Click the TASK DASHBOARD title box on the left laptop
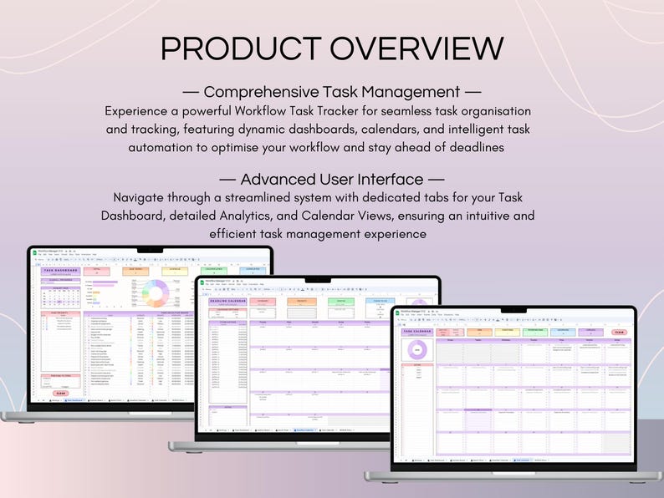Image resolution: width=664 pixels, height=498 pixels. [61, 272]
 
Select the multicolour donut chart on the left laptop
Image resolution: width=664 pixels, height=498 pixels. [156, 293]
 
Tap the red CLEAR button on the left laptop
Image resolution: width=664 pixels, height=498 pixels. [61, 393]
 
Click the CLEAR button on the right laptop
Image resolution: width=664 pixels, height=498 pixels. [618, 332]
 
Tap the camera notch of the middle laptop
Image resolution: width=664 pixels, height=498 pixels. [317, 278]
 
